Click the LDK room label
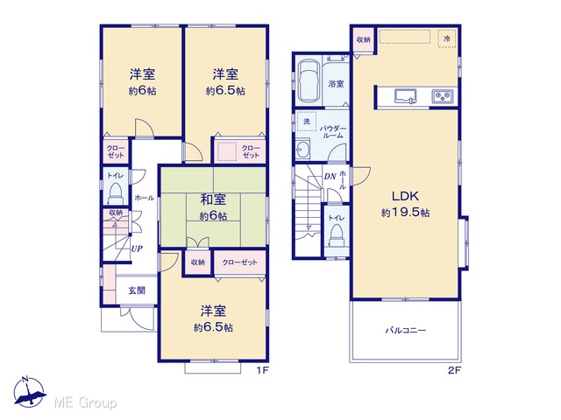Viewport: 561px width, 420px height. pyautogui.click(x=405, y=196)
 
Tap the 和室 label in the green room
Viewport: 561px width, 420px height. pyautogui.click(x=213, y=199)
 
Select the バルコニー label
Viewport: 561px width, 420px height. pyautogui.click(x=406, y=331)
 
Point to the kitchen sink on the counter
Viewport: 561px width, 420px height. pyautogui.click(x=406, y=96)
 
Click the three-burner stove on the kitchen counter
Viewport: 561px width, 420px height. pyautogui.click(x=443, y=96)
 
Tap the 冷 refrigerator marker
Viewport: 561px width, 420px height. pyautogui.click(x=447, y=38)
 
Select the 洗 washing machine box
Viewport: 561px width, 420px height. pyautogui.click(x=307, y=122)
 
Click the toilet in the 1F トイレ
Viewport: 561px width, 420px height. pyautogui.click(x=116, y=192)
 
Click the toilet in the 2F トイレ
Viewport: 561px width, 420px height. pyautogui.click(x=337, y=235)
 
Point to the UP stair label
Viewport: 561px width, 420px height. pyautogui.click(x=137, y=248)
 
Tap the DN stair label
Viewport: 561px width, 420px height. pyautogui.click(x=330, y=177)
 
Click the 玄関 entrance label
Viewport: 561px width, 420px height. pyautogui.click(x=137, y=290)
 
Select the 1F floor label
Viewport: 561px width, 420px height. pyautogui.click(x=262, y=370)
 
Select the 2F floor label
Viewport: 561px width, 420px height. pyautogui.click(x=454, y=370)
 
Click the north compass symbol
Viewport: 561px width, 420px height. pyautogui.click(x=29, y=392)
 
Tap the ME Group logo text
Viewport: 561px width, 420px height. pyautogui.click(x=85, y=403)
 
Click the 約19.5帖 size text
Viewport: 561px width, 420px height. pyautogui.click(x=405, y=213)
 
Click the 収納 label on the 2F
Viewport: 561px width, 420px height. pyautogui.click(x=363, y=39)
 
